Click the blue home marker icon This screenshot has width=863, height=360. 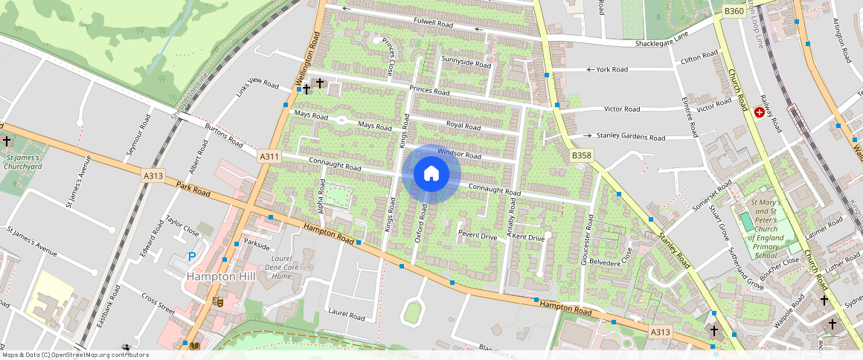coord(431,174)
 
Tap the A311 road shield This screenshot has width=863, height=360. coord(269,157)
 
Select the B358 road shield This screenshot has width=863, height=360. coord(582,155)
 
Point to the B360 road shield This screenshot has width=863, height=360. coord(734,11)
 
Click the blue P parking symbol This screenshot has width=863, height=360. coord(191,257)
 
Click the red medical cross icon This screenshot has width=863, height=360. coord(760,112)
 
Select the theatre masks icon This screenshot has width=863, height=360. coord(218,301)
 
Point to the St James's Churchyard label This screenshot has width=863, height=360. coord(25,162)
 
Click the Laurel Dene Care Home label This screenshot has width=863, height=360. coord(281,267)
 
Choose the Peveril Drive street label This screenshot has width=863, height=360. coord(478,236)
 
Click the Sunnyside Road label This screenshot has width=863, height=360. coord(466,62)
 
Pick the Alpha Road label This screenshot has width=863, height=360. coord(321,194)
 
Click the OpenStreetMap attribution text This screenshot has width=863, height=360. coord(75,355)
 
